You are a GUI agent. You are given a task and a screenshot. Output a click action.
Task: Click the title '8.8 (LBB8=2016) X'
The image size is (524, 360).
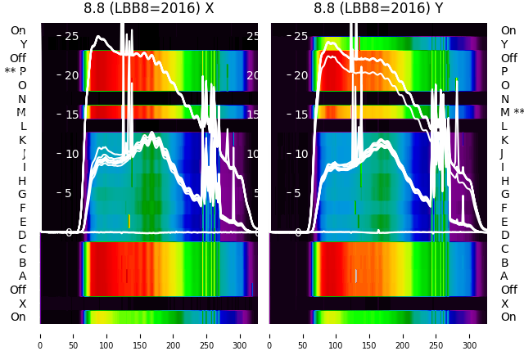click(149, 8)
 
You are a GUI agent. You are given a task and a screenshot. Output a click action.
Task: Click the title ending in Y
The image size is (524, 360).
click(378, 8)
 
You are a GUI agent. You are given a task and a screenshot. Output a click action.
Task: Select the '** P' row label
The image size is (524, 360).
click(16, 72)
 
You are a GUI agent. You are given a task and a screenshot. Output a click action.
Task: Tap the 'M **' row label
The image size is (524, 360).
click(512, 112)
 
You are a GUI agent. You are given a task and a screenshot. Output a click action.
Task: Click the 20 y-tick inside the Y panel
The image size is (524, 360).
click(300, 75)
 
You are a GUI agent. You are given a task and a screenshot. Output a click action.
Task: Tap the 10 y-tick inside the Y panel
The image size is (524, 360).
click(300, 154)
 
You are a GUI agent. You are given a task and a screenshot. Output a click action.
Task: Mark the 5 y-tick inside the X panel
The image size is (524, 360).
click(70, 194)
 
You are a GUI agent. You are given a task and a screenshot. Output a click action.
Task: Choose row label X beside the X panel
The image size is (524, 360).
click(23, 304)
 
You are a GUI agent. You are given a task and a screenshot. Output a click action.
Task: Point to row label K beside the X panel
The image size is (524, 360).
click(23, 140)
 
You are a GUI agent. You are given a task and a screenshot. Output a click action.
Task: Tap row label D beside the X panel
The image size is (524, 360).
click(23, 236)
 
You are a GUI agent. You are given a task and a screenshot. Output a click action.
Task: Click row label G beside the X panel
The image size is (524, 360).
click(22, 195)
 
